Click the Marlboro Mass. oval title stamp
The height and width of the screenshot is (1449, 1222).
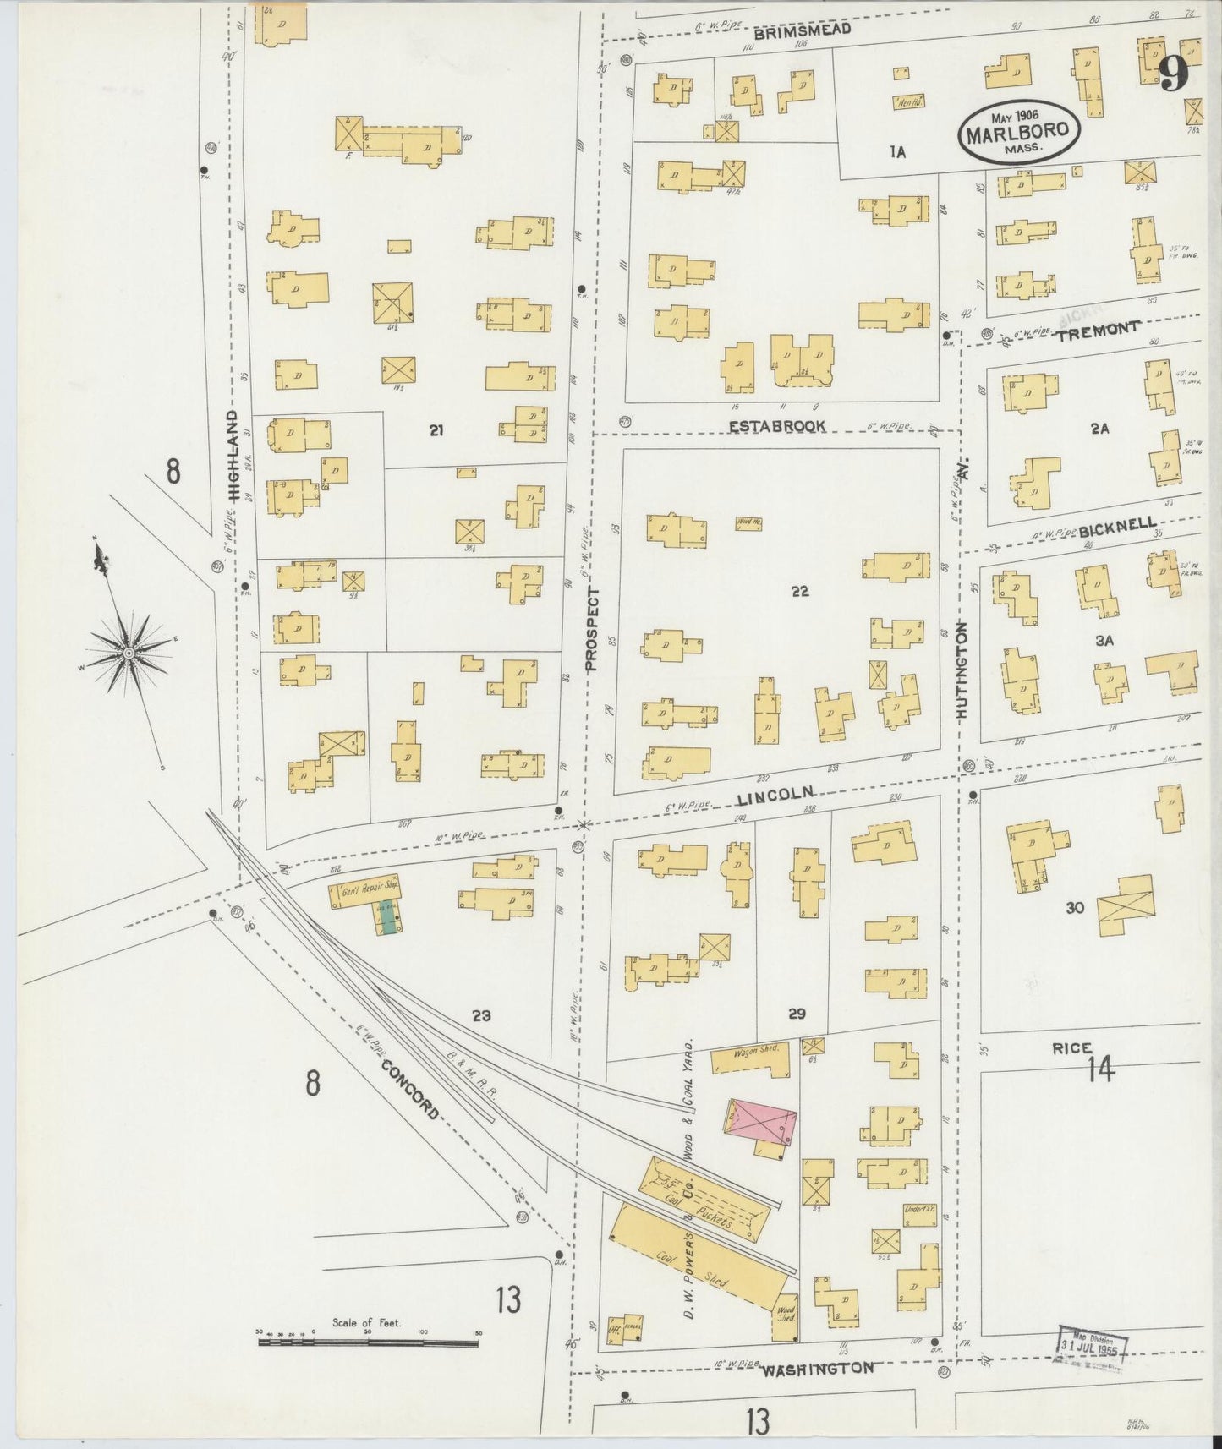pos(1019,132)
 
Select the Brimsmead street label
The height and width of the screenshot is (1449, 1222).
pos(801,30)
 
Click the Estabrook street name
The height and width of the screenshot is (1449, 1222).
pos(777,426)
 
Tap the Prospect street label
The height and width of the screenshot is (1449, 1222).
pos(591,629)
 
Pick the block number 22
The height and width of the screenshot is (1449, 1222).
pos(799,591)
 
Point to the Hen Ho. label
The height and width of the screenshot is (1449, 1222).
pos(907,102)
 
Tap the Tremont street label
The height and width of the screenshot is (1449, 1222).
pos(1099,330)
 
